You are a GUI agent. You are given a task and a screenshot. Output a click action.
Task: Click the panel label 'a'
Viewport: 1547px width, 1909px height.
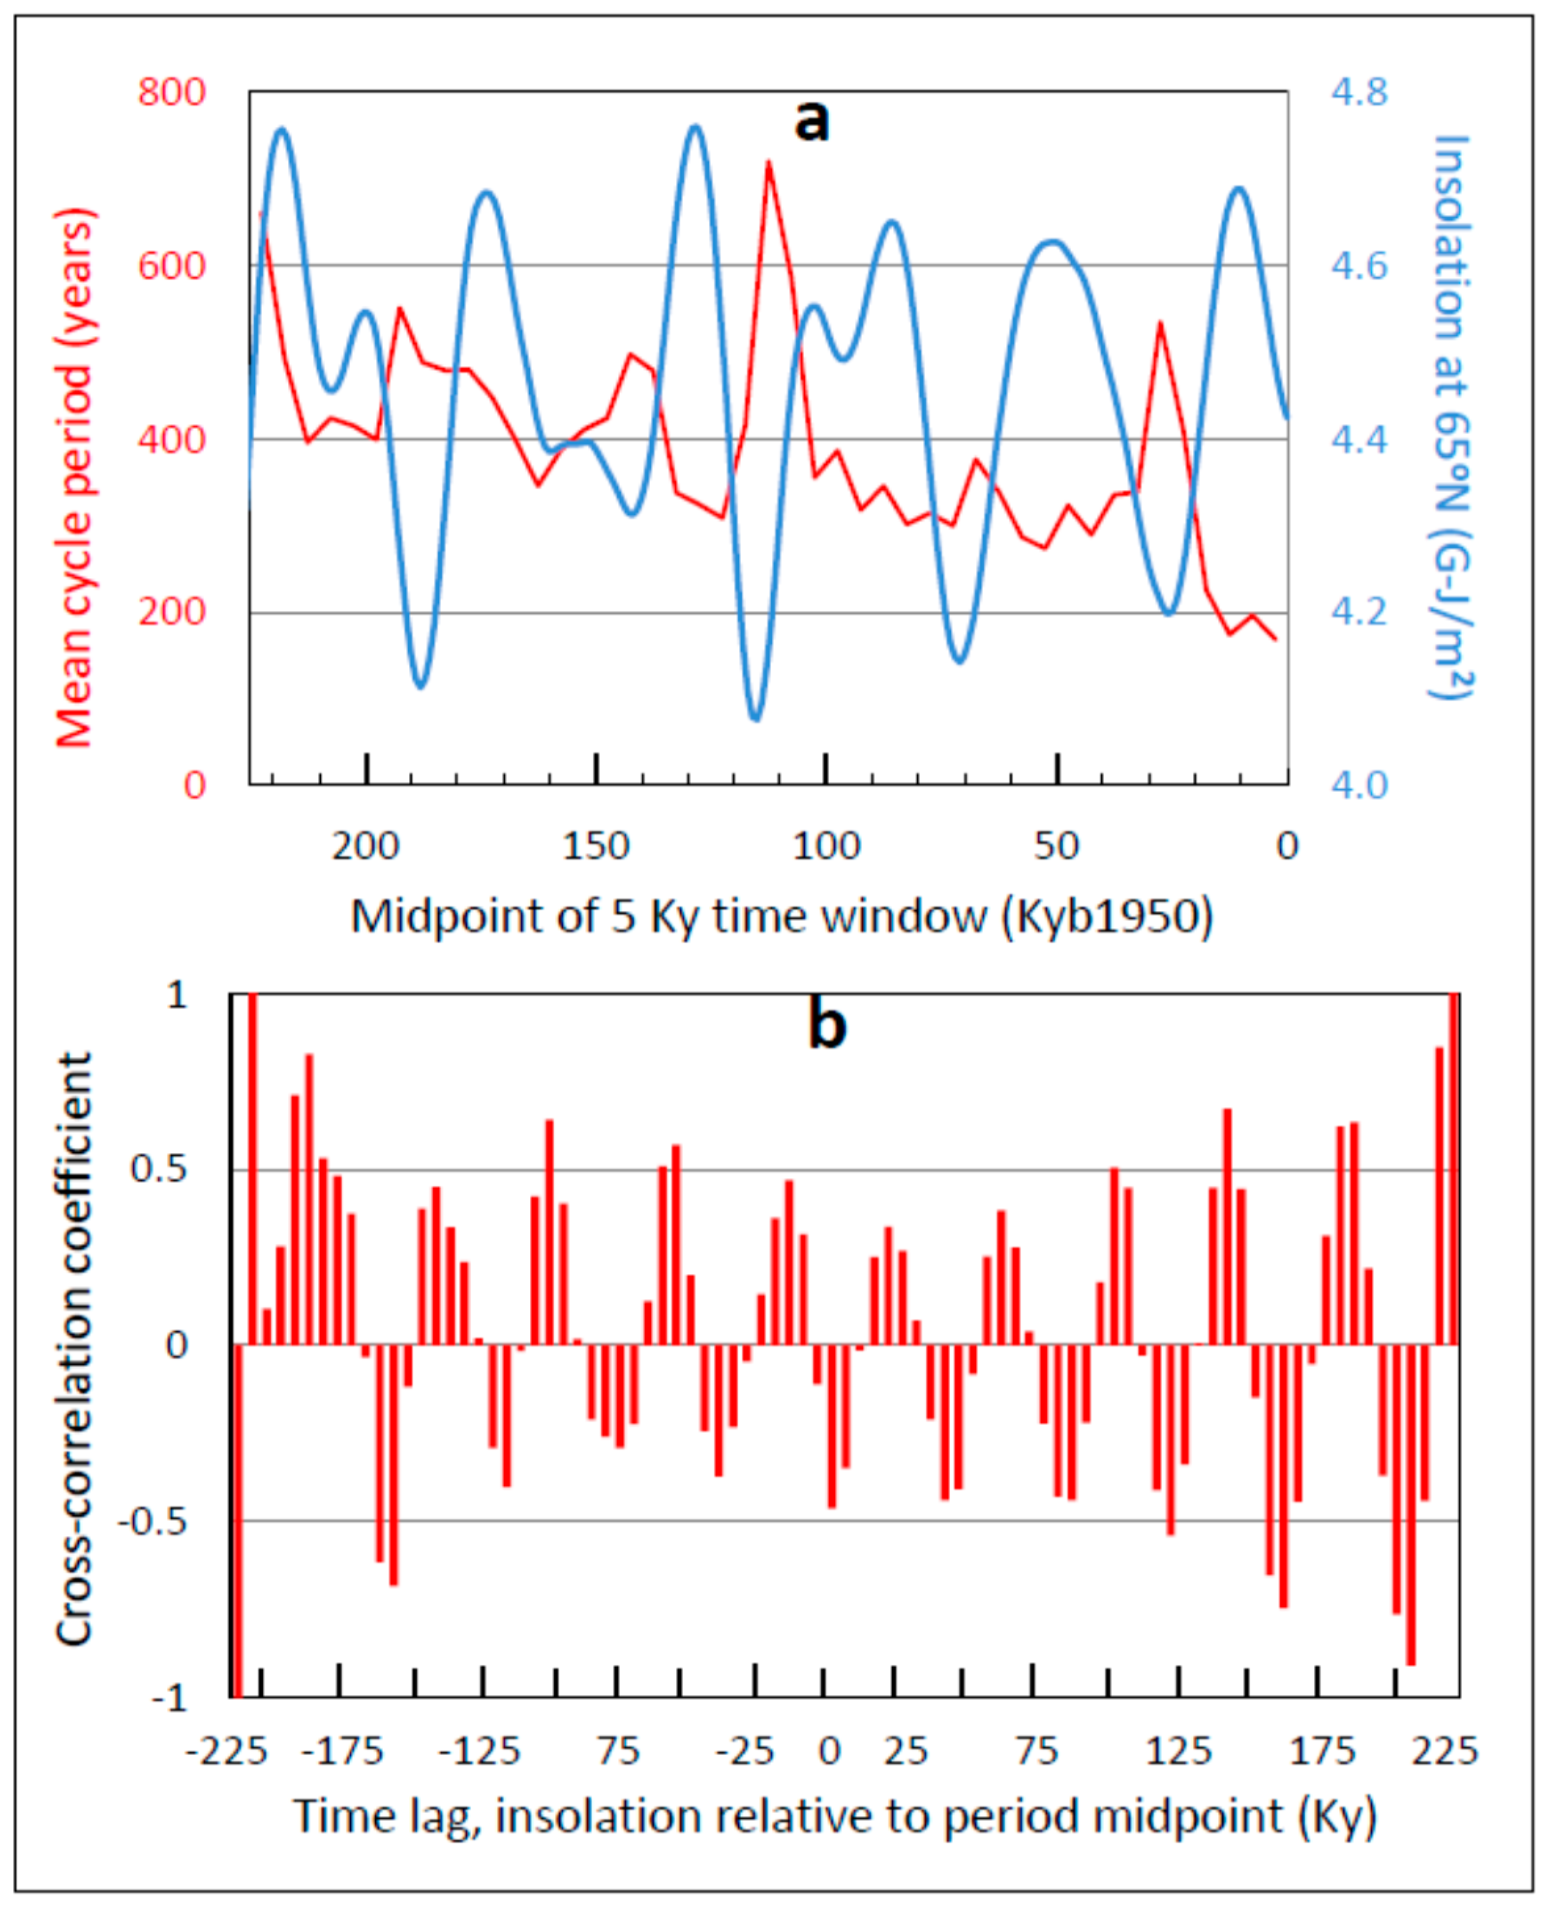click(811, 121)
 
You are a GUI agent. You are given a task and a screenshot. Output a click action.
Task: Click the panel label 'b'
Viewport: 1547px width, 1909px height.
click(826, 1025)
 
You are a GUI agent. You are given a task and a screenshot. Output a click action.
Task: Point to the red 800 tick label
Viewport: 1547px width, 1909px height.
click(171, 92)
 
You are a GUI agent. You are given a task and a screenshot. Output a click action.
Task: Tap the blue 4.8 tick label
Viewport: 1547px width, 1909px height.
click(1360, 92)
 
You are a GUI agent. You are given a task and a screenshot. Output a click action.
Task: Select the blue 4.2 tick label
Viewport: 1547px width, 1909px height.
click(1360, 612)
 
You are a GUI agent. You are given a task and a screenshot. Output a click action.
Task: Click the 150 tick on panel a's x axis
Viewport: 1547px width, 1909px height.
click(596, 845)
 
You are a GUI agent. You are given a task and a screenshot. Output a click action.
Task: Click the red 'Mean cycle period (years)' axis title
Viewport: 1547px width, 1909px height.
click(75, 478)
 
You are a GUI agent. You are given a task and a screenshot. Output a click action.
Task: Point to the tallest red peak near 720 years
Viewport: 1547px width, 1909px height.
click(768, 164)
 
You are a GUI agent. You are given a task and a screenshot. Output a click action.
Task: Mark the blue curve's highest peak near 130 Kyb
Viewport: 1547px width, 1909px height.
click(694, 128)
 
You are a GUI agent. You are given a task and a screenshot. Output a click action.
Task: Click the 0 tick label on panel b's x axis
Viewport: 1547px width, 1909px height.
click(829, 1751)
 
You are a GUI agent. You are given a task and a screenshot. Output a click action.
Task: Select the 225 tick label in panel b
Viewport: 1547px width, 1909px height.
click(1444, 1751)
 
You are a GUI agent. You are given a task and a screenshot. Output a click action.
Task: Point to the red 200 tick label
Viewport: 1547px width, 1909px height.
click(171, 612)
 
